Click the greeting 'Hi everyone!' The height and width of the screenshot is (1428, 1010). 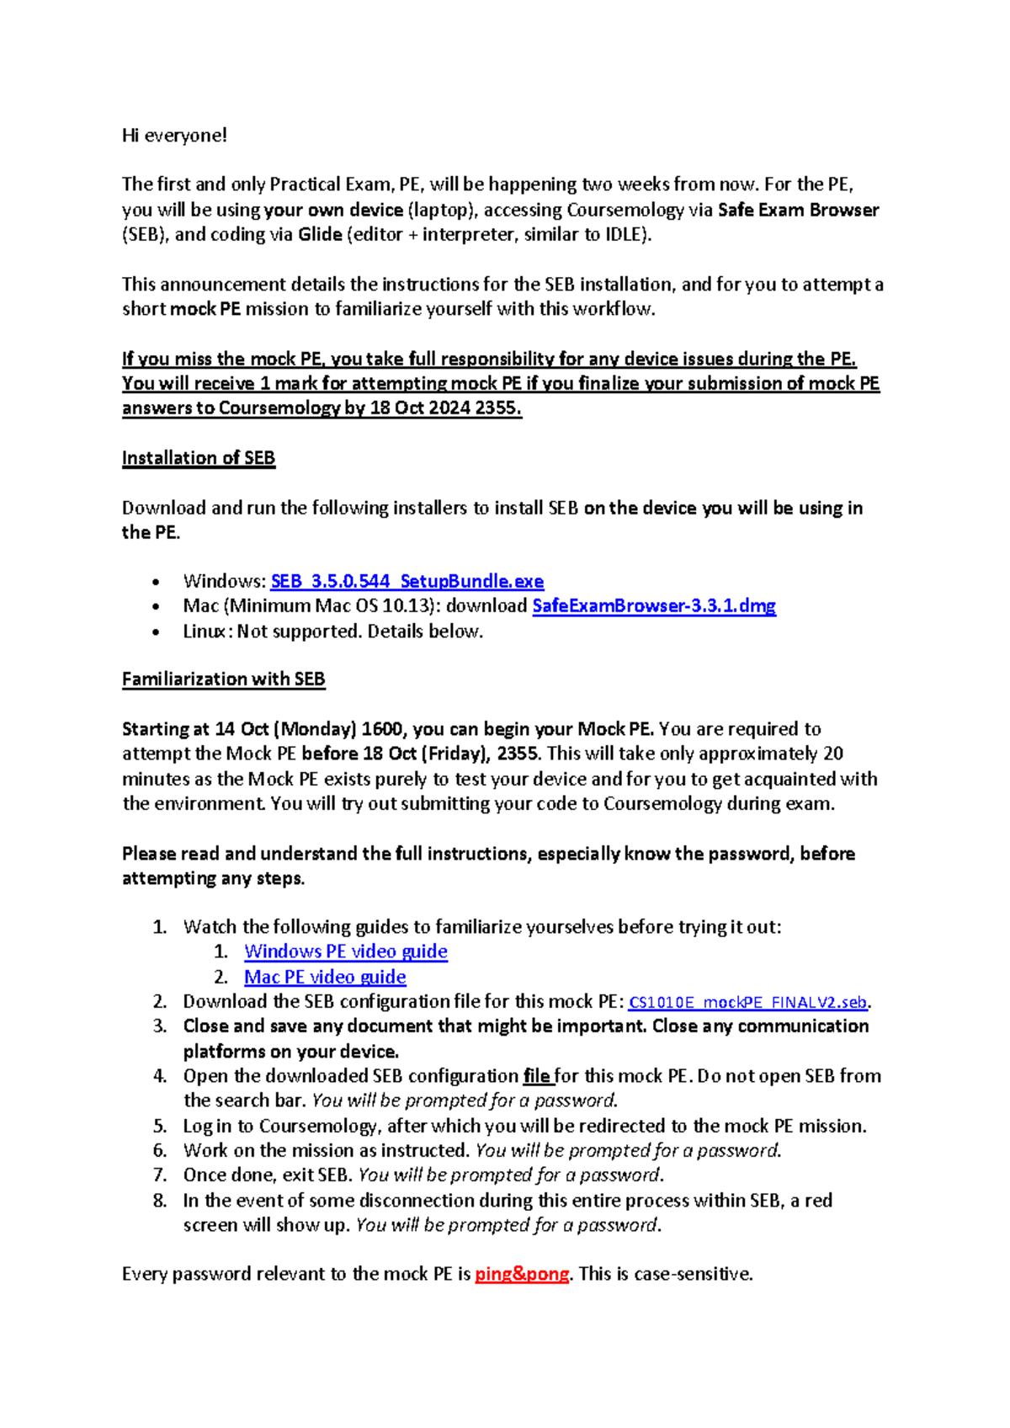174,136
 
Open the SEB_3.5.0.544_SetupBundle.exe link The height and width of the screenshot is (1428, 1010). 407,581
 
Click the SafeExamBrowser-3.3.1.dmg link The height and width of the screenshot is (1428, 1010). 653,605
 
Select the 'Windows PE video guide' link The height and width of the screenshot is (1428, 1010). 345,951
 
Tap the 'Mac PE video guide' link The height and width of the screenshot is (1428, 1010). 325,977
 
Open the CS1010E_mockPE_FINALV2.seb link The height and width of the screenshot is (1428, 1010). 747,1002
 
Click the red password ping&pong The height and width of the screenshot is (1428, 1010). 522,1274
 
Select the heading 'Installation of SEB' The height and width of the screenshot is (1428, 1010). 199,458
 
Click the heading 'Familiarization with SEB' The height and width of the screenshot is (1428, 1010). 223,679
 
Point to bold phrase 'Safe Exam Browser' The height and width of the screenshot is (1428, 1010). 798,210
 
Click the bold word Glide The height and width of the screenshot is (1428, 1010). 320,234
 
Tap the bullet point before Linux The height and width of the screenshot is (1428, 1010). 156,631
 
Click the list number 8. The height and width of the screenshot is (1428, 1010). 160,1201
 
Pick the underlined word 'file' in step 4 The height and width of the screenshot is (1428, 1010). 536,1076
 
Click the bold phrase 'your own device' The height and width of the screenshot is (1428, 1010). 333,210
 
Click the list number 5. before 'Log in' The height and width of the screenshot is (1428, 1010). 160,1127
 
